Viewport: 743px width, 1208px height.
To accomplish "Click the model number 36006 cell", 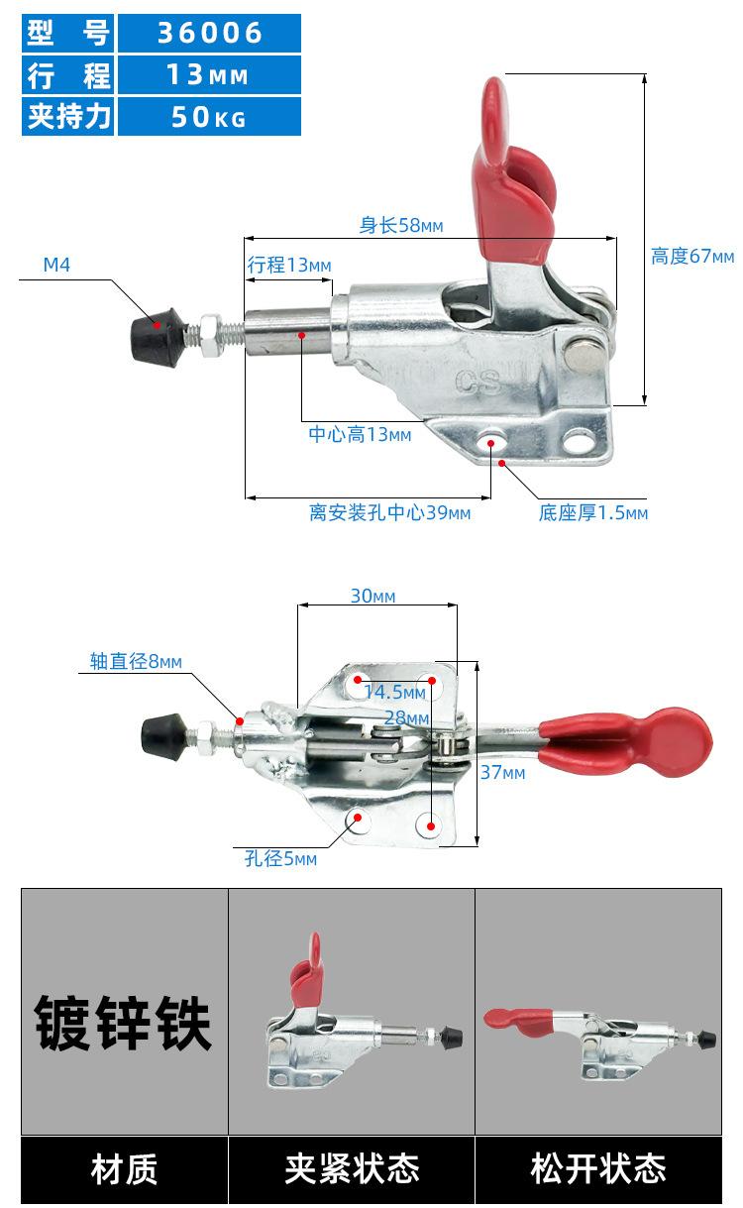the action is [x=209, y=33].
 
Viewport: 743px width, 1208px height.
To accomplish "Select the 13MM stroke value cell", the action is [x=209, y=75].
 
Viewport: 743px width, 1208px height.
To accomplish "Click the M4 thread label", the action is [x=56, y=265].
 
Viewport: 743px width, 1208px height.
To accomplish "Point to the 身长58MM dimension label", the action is [x=400, y=226].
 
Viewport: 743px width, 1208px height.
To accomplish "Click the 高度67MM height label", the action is [x=692, y=257].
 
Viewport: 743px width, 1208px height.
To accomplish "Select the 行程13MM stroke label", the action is [x=289, y=266].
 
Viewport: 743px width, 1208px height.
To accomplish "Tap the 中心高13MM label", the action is [x=360, y=434].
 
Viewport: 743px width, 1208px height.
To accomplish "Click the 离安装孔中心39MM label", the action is [x=389, y=512].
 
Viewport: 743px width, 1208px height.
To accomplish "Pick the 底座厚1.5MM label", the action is [x=593, y=513].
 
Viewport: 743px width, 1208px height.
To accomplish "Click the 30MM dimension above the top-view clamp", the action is [x=372, y=596].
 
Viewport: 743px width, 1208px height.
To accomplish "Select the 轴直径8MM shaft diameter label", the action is [x=136, y=662].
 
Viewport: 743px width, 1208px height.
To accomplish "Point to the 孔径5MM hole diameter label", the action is [x=280, y=859].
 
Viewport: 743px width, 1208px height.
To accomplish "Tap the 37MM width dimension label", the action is [x=502, y=772].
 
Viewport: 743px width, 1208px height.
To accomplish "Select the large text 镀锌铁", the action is [x=124, y=1024].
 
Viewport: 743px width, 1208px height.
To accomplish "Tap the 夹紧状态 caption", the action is [x=352, y=1169].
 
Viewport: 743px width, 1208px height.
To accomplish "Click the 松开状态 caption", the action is [x=598, y=1169].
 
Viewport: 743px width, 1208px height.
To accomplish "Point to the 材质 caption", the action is [x=124, y=1169].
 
